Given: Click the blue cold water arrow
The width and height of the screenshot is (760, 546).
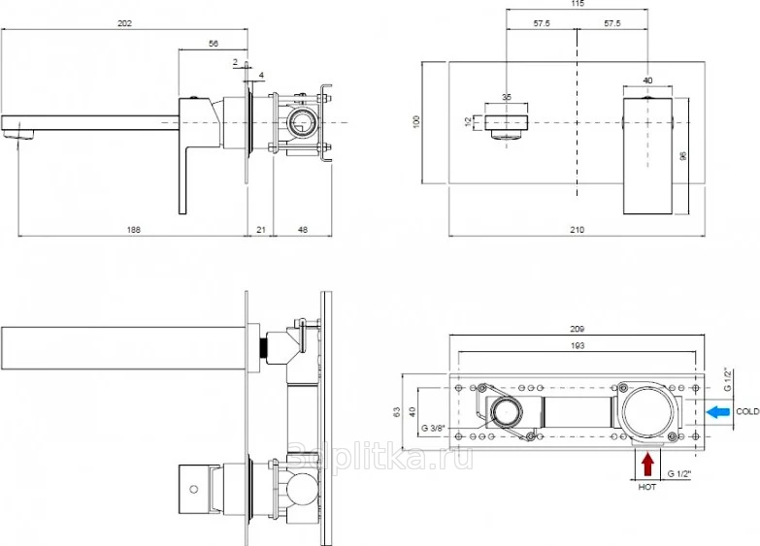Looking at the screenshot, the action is pyautogui.click(x=718, y=412).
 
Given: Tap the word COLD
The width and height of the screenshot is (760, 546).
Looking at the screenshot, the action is pyautogui.click(x=747, y=412).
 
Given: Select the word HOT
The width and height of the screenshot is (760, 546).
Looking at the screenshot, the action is pyautogui.click(x=647, y=487).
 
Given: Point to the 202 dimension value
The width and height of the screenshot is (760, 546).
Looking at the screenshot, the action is pyautogui.click(x=124, y=23).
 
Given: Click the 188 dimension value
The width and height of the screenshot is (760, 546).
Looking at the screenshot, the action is pyautogui.click(x=133, y=230).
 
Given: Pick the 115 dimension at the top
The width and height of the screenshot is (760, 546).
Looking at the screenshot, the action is pyautogui.click(x=578, y=4).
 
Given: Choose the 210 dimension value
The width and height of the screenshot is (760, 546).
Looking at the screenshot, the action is pyautogui.click(x=577, y=230).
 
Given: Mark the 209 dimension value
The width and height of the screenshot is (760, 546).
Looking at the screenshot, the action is pyautogui.click(x=577, y=329).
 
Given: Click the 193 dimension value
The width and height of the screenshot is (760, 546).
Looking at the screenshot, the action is pyautogui.click(x=578, y=346).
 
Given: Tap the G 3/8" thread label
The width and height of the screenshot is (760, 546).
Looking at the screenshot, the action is pyautogui.click(x=432, y=429).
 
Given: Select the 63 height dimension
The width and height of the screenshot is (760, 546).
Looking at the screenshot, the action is pyautogui.click(x=397, y=412).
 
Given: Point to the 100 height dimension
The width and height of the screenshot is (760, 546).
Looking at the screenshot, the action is pyautogui.click(x=415, y=121).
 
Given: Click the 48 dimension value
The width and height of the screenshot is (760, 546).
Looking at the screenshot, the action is pyautogui.click(x=303, y=230).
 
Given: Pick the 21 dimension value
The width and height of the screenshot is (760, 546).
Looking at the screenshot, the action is pyautogui.click(x=261, y=230).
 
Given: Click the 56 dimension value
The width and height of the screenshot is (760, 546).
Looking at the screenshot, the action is pyautogui.click(x=214, y=44).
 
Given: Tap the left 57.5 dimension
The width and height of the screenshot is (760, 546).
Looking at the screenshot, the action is pyautogui.click(x=542, y=23).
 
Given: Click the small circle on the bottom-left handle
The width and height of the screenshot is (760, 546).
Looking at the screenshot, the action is pyautogui.click(x=194, y=490).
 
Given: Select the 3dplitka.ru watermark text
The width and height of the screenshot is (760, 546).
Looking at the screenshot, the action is pyautogui.click(x=380, y=457).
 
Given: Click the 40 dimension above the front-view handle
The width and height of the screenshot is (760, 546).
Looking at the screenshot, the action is pyautogui.click(x=647, y=80).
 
